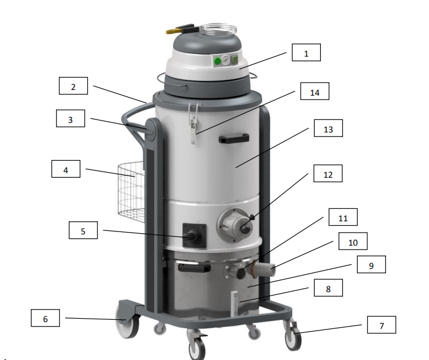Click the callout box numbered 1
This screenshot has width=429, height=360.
306,52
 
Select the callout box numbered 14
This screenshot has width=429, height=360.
315,91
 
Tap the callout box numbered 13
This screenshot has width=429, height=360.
328,128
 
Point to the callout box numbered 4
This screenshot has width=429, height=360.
66,169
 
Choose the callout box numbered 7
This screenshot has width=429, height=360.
381,325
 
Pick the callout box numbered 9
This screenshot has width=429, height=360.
371,264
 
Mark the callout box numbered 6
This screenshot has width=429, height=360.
45,318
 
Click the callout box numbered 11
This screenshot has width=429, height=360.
343,217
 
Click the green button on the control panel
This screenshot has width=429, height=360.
217,61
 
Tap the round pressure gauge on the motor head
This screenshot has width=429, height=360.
226,60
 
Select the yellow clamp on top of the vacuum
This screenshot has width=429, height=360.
180,29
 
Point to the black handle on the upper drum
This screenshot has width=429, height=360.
234,139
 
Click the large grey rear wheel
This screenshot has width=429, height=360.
127,321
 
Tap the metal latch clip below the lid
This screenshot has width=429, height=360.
194,123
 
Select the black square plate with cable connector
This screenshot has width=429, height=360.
194,235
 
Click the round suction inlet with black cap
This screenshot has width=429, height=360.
235,225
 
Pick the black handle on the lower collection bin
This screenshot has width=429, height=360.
194,268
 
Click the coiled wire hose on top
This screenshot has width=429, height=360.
218,29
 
